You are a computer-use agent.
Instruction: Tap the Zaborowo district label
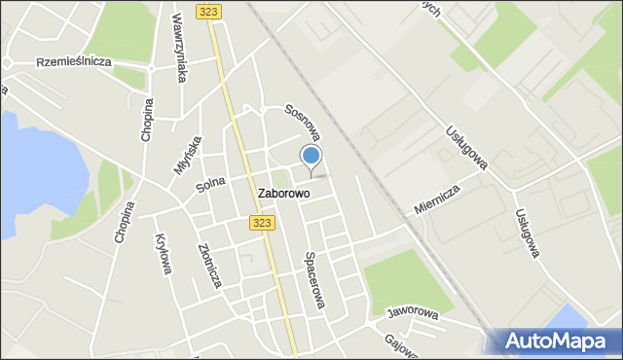(284, 194)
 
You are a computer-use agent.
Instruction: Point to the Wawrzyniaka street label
(179, 46)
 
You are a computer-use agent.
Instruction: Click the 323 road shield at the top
(207, 11)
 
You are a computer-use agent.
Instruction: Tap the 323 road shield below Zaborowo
(261, 223)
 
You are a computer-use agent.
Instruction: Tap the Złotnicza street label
(209, 265)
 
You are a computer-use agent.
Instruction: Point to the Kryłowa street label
(163, 253)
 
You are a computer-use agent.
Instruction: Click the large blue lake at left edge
(19, 175)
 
